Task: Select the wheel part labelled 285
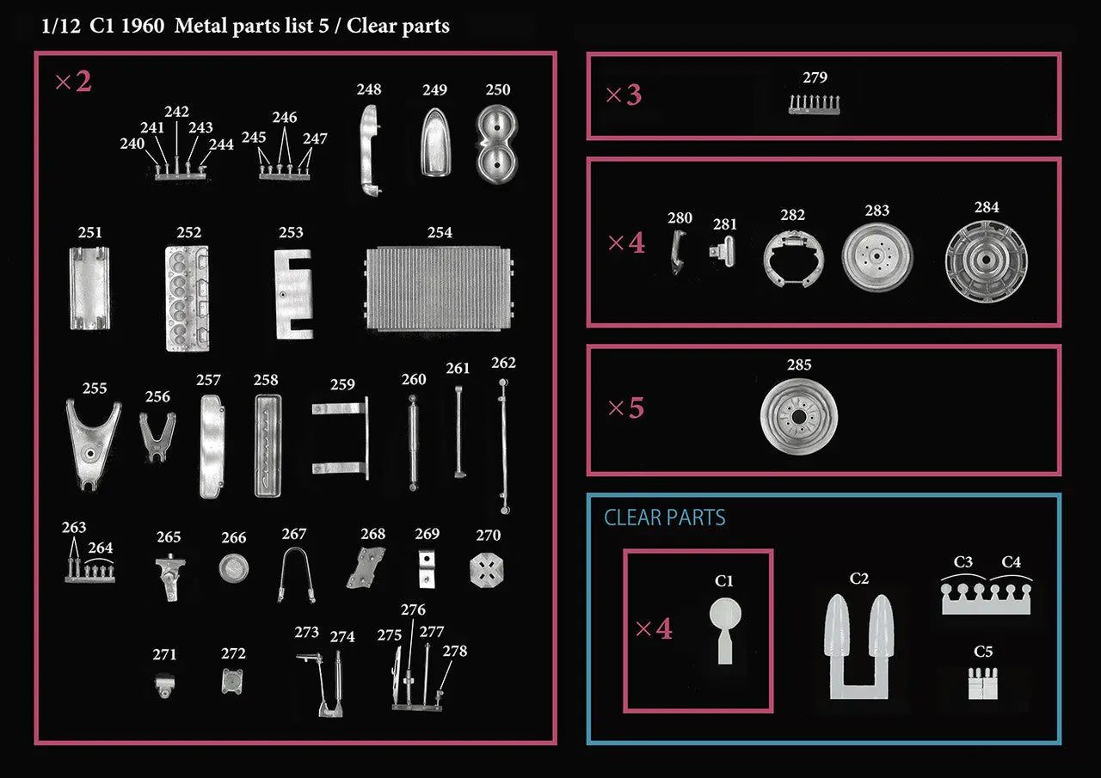point(799,419)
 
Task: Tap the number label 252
point(189,233)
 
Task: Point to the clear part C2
point(859,645)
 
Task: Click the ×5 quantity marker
point(625,408)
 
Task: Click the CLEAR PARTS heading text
point(665,518)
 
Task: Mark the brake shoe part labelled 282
point(792,258)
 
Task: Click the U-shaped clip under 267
point(296,574)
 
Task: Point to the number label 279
point(815,77)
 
